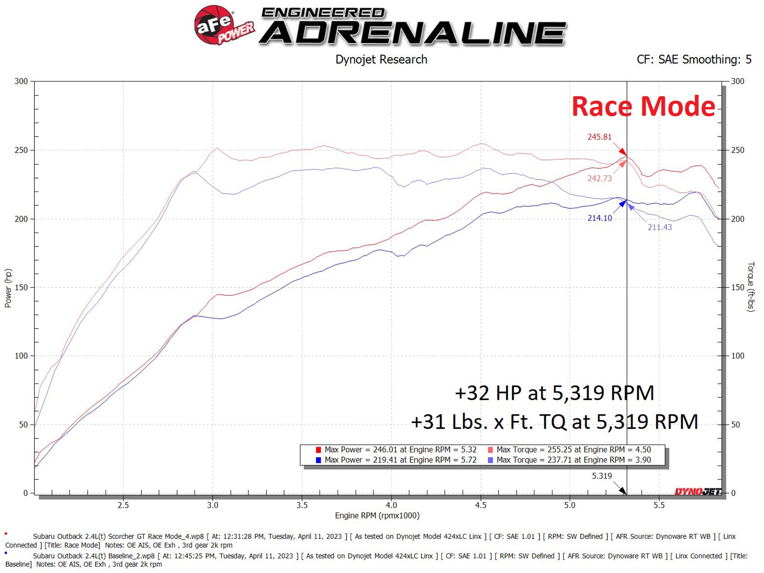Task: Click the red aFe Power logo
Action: pos(223,25)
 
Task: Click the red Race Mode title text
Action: pos(643,106)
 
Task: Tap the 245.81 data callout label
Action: pos(599,137)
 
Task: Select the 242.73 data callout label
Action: pos(599,178)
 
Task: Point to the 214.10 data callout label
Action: pos(599,218)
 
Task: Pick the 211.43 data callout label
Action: pos(659,227)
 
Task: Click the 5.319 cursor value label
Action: pos(602,476)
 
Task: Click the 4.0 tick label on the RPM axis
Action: pos(392,505)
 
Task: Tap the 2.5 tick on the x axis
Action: pos(123,505)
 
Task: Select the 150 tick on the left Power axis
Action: pos(21,287)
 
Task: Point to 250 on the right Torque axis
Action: pos(737,150)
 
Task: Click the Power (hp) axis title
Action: pos(8,288)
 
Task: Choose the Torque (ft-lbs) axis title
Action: pos(751,286)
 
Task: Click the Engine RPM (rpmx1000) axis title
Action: pos(377,516)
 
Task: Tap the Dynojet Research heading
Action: pos(381,60)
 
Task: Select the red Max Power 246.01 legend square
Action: pos(318,450)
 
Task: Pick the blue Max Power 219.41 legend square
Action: pos(318,460)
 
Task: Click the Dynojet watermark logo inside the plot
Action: pos(698,491)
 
